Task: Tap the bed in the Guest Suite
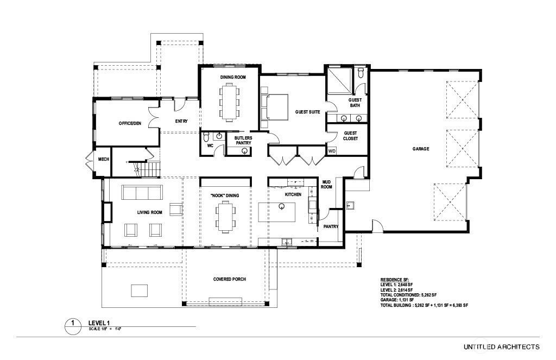tap(275, 106)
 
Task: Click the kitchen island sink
tap(282, 206)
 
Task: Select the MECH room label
tap(103, 160)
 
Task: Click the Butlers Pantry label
tap(243, 141)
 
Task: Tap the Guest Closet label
tap(350, 136)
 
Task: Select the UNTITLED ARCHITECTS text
tap(501, 346)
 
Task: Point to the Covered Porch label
tap(229, 279)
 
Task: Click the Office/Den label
tap(130, 123)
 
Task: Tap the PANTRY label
tap(331, 226)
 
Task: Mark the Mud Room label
tap(327, 184)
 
